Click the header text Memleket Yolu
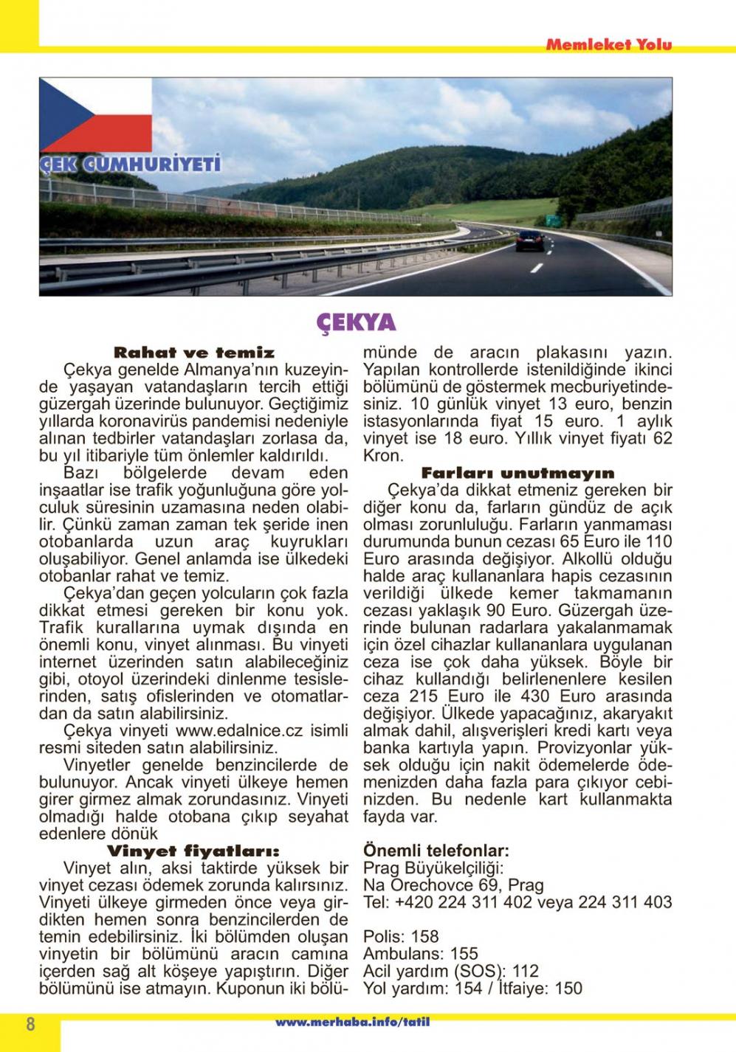coord(608,44)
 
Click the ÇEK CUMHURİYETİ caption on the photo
coord(131,164)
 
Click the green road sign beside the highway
coord(551,219)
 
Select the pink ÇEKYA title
coord(357,322)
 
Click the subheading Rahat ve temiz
coord(194,353)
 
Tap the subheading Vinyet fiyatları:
coord(193,851)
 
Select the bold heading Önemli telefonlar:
coord(436,851)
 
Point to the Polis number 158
coord(424,937)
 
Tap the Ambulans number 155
coord(464,954)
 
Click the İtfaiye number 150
coord(568,989)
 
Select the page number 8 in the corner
coord(30,1025)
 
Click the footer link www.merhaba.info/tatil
coord(352,1022)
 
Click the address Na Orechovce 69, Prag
coord(453,885)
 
